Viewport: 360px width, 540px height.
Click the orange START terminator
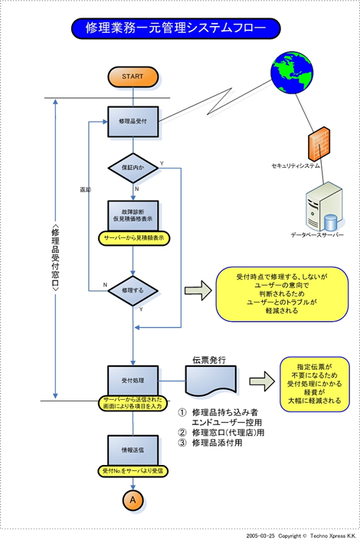coord(133,77)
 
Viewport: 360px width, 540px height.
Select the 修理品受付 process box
coord(133,121)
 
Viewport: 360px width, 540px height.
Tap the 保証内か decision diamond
coord(133,167)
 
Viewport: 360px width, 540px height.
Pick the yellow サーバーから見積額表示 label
coord(135,239)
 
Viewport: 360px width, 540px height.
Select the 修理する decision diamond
coord(133,290)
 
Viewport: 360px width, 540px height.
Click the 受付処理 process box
coord(133,379)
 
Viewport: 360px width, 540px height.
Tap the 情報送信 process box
coord(133,450)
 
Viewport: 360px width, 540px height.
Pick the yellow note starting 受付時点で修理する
coord(280,293)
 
